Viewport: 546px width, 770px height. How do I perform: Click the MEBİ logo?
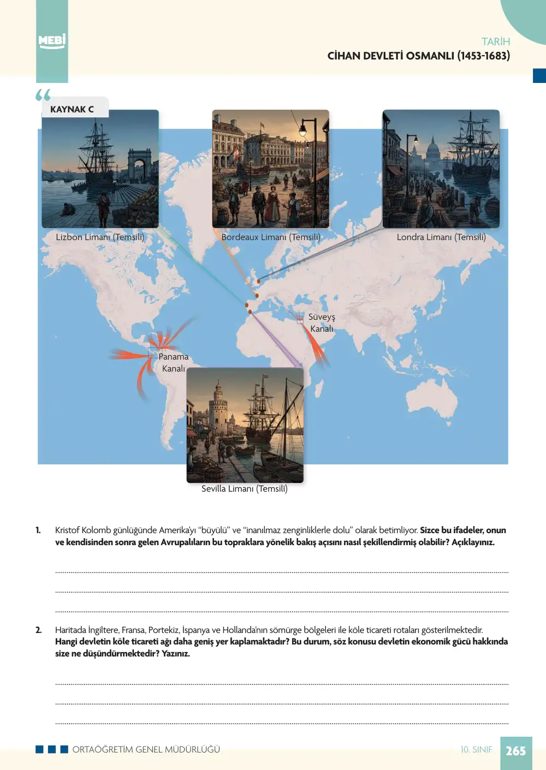pyautogui.click(x=52, y=41)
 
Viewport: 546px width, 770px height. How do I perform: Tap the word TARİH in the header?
pyautogui.click(x=495, y=41)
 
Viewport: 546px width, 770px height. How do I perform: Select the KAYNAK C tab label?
pyautogui.click(x=72, y=109)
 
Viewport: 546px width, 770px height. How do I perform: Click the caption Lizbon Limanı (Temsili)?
pyautogui.click(x=100, y=237)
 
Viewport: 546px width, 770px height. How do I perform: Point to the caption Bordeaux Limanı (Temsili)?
pyautogui.click(x=271, y=237)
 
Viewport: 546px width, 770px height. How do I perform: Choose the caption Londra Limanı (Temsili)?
pyautogui.click(x=441, y=237)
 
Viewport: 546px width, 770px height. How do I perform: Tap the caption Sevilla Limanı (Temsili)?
pyautogui.click(x=245, y=488)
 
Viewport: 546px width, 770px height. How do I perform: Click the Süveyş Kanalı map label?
pyautogui.click(x=322, y=323)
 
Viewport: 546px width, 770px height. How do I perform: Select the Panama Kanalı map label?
pyautogui.click(x=174, y=362)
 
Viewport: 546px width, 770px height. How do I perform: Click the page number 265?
pyautogui.click(x=516, y=751)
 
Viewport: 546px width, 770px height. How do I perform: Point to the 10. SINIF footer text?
pyautogui.click(x=476, y=749)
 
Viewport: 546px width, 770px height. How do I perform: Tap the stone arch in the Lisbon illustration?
pyautogui.click(x=139, y=162)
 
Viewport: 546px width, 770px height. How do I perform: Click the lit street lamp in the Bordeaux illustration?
pyautogui.click(x=302, y=130)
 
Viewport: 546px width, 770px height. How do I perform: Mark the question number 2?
pyautogui.click(x=38, y=630)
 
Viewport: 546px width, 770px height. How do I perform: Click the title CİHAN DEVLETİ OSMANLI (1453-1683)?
pyautogui.click(x=418, y=56)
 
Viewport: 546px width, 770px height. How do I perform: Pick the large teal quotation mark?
pyautogui.click(x=43, y=94)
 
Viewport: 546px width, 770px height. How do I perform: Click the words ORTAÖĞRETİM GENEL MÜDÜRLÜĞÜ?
pyautogui.click(x=146, y=749)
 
